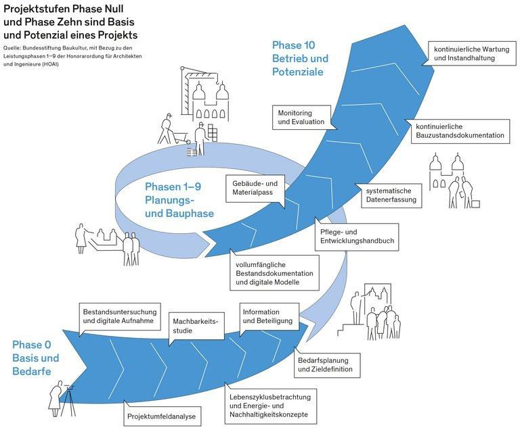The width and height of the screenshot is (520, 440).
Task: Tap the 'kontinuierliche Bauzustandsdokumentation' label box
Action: coord(460,130)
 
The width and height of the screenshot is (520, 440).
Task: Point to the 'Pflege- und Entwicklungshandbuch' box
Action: coord(356,236)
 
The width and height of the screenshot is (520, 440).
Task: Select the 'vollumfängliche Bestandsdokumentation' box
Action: coord(273,272)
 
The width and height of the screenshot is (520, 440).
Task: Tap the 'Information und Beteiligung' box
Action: coord(268,316)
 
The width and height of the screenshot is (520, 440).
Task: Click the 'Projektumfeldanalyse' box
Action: coord(161,416)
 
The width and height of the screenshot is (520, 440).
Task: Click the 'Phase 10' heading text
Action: coord(295,45)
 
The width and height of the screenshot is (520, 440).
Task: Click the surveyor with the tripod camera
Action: coord(64,398)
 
